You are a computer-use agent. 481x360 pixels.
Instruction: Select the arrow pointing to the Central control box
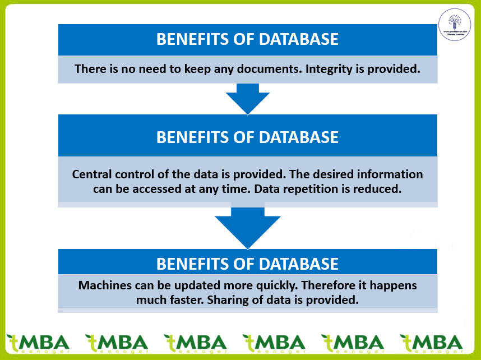point(247,99)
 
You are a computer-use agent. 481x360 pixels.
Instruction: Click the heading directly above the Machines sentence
point(247,264)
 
